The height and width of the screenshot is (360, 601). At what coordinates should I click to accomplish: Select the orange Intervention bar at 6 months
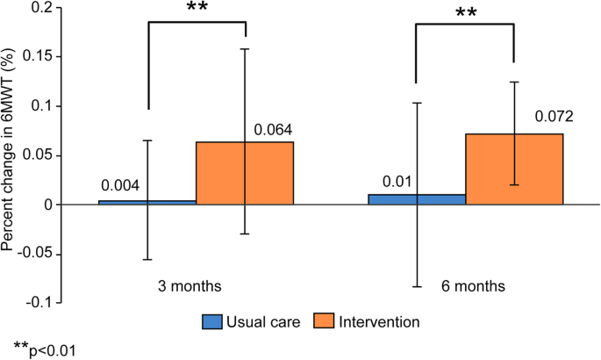[514, 169]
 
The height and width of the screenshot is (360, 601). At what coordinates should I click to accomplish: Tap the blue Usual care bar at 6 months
[417, 199]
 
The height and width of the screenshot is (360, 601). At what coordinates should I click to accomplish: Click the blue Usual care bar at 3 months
[147, 202]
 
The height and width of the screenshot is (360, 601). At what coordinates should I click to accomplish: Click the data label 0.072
[554, 117]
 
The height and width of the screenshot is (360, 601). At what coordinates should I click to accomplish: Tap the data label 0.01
[396, 181]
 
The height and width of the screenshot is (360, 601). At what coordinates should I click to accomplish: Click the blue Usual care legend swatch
[213, 322]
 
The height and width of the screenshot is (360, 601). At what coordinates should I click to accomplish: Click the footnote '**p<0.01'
[45, 349]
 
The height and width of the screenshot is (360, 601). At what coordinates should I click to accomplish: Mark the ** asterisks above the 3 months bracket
[197, 9]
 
